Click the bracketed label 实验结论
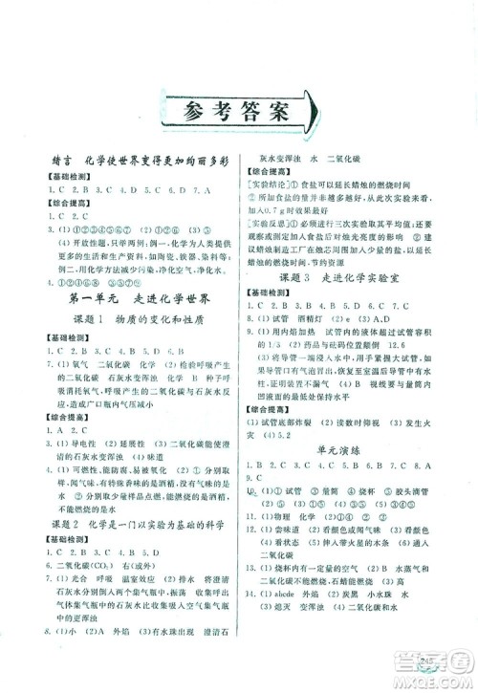click(272, 181)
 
